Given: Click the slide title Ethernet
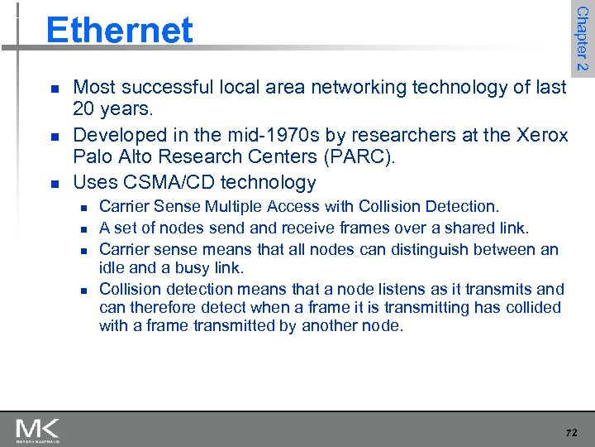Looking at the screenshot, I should pyautogui.click(x=119, y=31).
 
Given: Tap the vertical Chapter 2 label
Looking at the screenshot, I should pyautogui.click(x=582, y=38).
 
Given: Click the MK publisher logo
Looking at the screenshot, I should pyautogui.click(x=37, y=430).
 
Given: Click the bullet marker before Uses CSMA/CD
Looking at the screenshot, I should pyautogui.click(x=54, y=183).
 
